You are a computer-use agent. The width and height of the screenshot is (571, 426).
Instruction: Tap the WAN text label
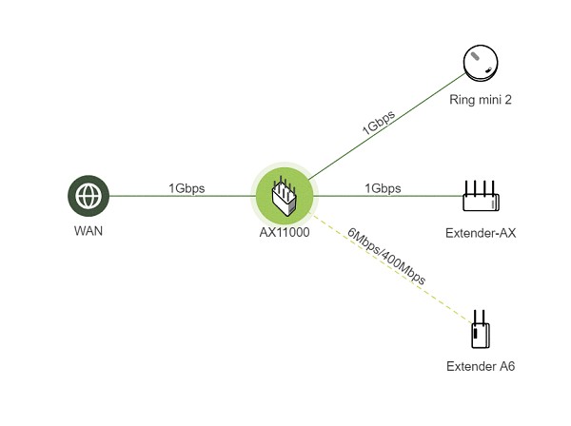pos(89,232)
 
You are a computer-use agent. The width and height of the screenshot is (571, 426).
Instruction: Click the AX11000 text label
pos(284,232)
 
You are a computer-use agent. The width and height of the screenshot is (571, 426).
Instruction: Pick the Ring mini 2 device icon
pos(481,65)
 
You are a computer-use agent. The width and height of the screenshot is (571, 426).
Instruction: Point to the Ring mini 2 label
pos(481,99)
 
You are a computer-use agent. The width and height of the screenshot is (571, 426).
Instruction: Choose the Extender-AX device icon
pos(480,196)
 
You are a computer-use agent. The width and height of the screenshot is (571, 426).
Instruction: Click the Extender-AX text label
pos(480,232)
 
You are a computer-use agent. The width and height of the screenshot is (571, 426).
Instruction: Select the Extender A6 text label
pos(480,366)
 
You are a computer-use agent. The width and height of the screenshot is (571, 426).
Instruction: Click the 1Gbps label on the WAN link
pos(187,188)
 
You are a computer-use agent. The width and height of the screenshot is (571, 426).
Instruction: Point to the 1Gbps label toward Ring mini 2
pos(378,123)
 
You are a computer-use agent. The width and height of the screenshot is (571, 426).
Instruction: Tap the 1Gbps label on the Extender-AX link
pos(383,188)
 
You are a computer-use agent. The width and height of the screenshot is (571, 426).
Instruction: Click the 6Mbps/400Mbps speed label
pos(386,257)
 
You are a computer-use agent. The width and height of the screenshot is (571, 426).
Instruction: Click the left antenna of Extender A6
pos(473,316)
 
